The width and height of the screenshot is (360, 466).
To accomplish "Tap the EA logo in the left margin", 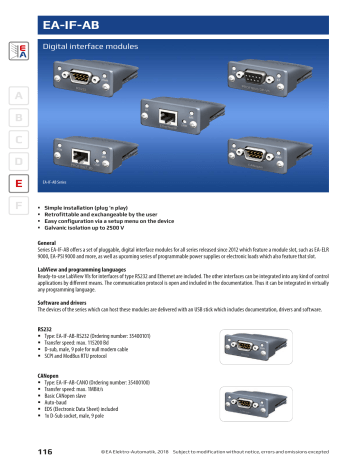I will pyautogui.click(x=17, y=52).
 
